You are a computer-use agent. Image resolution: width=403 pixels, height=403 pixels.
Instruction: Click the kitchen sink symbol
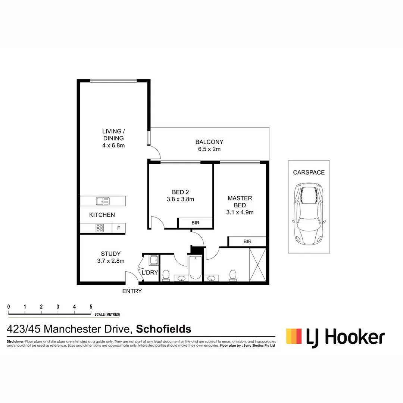(103, 201)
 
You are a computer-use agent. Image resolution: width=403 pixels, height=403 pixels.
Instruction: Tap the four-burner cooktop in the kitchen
(100, 228)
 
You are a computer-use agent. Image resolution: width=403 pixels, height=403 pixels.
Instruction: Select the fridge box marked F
(119, 228)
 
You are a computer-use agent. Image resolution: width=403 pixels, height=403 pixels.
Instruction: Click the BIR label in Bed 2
(195, 223)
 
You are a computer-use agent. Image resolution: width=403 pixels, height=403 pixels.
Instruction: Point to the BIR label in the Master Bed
(247, 241)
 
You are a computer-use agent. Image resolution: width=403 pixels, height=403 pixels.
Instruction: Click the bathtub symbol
(196, 268)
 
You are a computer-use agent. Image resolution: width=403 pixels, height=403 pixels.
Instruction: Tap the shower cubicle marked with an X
(257, 265)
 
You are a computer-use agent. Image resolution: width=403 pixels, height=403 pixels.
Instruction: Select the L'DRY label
(150, 273)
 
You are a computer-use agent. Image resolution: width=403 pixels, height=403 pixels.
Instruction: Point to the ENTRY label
(132, 291)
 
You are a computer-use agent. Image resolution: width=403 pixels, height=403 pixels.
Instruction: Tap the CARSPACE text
(309, 172)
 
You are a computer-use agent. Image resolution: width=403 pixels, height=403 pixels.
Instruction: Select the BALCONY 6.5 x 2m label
(209, 146)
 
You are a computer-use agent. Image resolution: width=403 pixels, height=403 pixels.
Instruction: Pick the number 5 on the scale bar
(91, 307)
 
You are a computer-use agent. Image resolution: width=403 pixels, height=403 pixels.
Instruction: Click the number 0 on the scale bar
(9, 307)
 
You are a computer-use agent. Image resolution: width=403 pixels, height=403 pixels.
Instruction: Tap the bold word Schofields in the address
(163, 329)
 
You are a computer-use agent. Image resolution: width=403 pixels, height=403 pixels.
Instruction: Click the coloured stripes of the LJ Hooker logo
(294, 336)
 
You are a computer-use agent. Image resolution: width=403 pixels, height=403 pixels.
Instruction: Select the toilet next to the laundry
(166, 275)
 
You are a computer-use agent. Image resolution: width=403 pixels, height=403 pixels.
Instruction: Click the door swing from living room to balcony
(154, 152)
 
